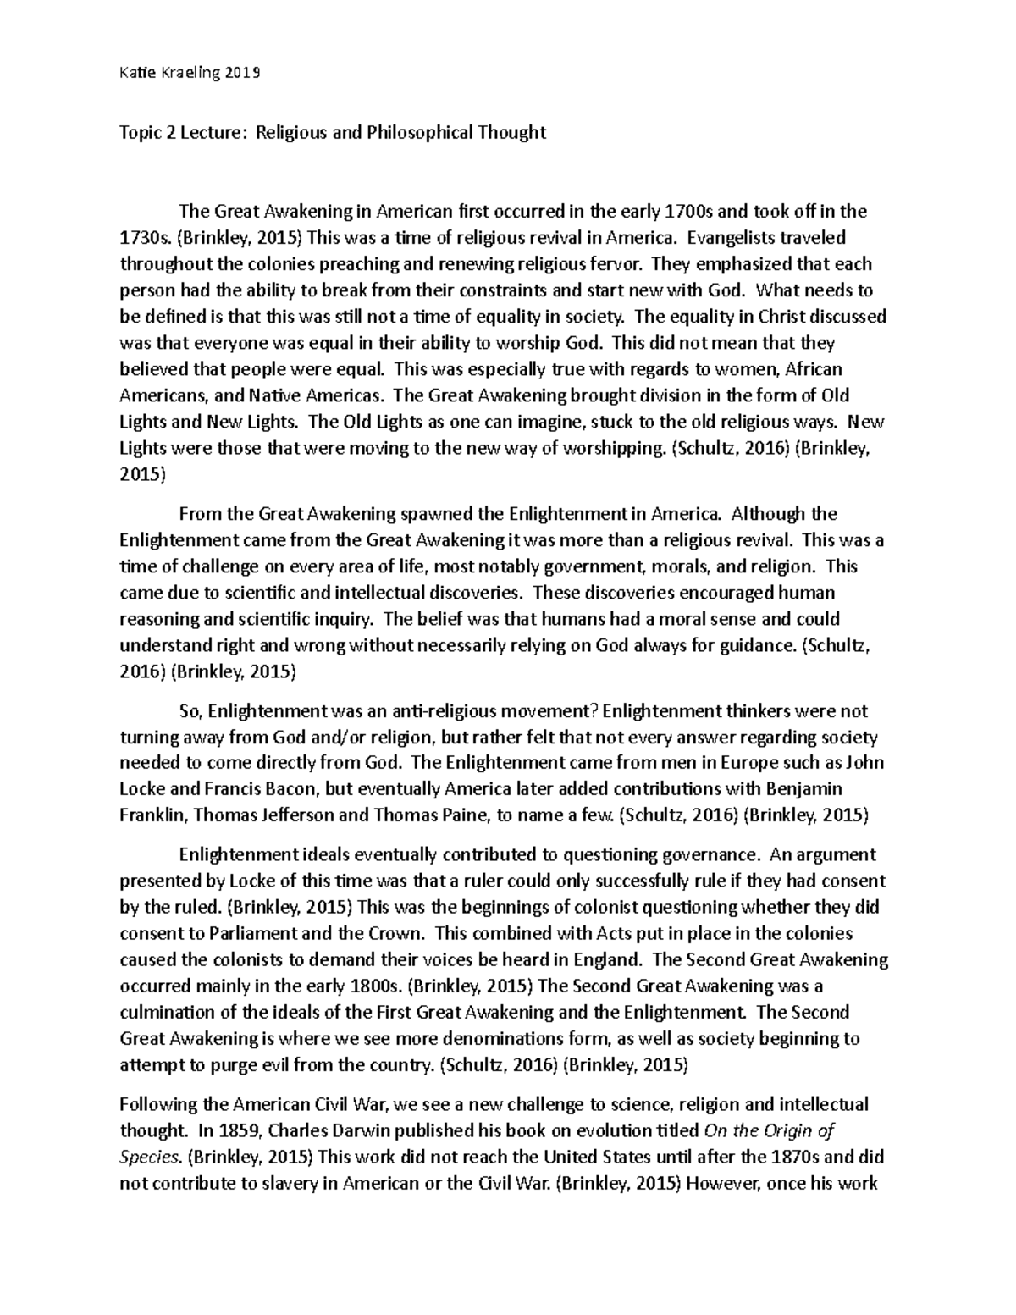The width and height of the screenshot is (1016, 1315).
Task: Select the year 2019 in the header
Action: [243, 73]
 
